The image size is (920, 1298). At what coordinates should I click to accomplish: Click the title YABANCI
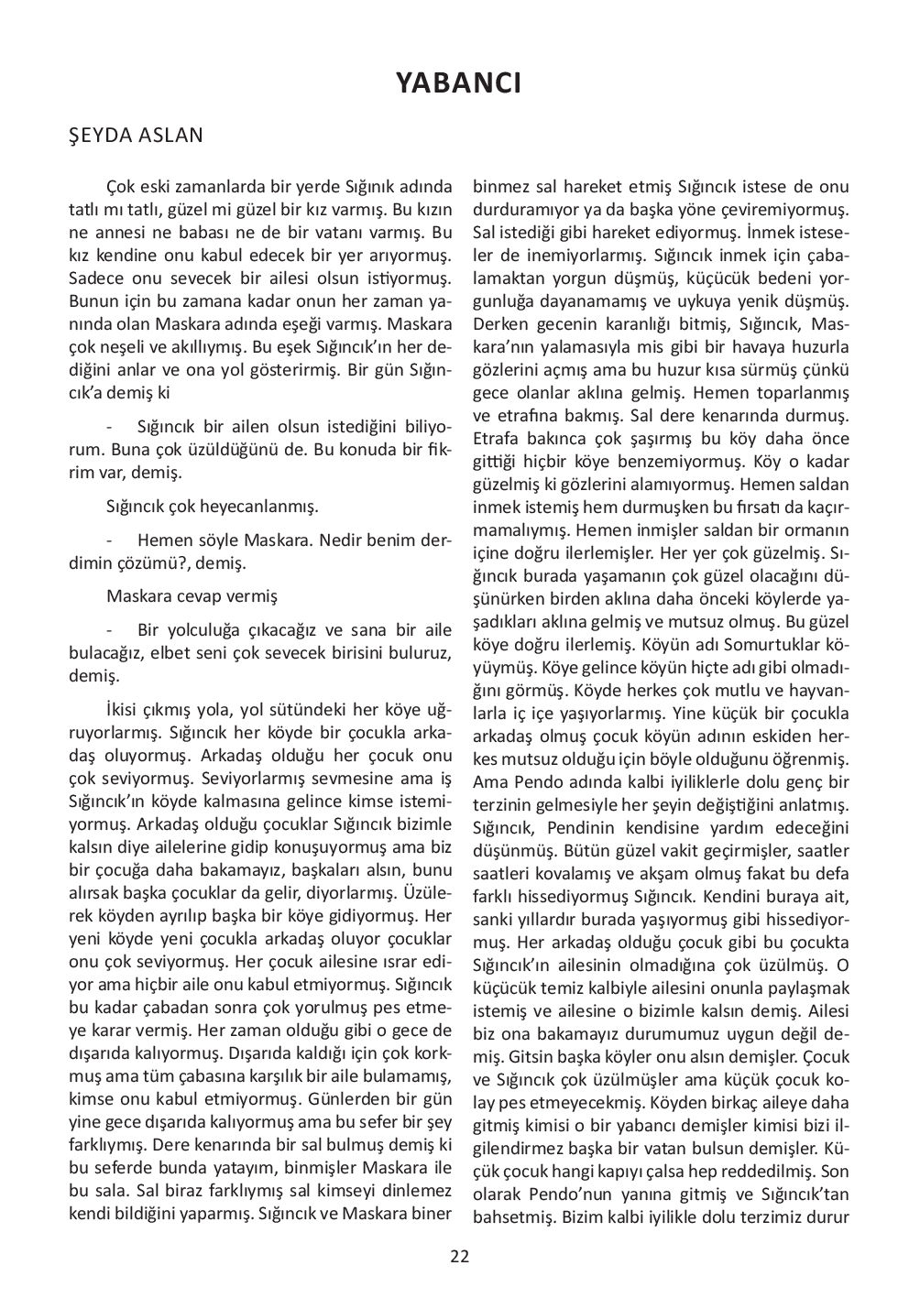(459, 83)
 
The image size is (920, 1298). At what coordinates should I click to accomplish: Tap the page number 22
(459, 1256)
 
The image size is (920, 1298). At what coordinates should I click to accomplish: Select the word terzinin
(503, 805)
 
